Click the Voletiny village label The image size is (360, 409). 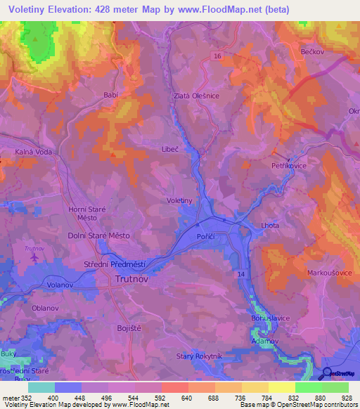click(x=179, y=200)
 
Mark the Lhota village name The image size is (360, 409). click(x=269, y=226)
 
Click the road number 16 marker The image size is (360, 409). click(x=218, y=56)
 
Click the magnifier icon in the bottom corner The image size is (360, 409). click(x=327, y=373)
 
